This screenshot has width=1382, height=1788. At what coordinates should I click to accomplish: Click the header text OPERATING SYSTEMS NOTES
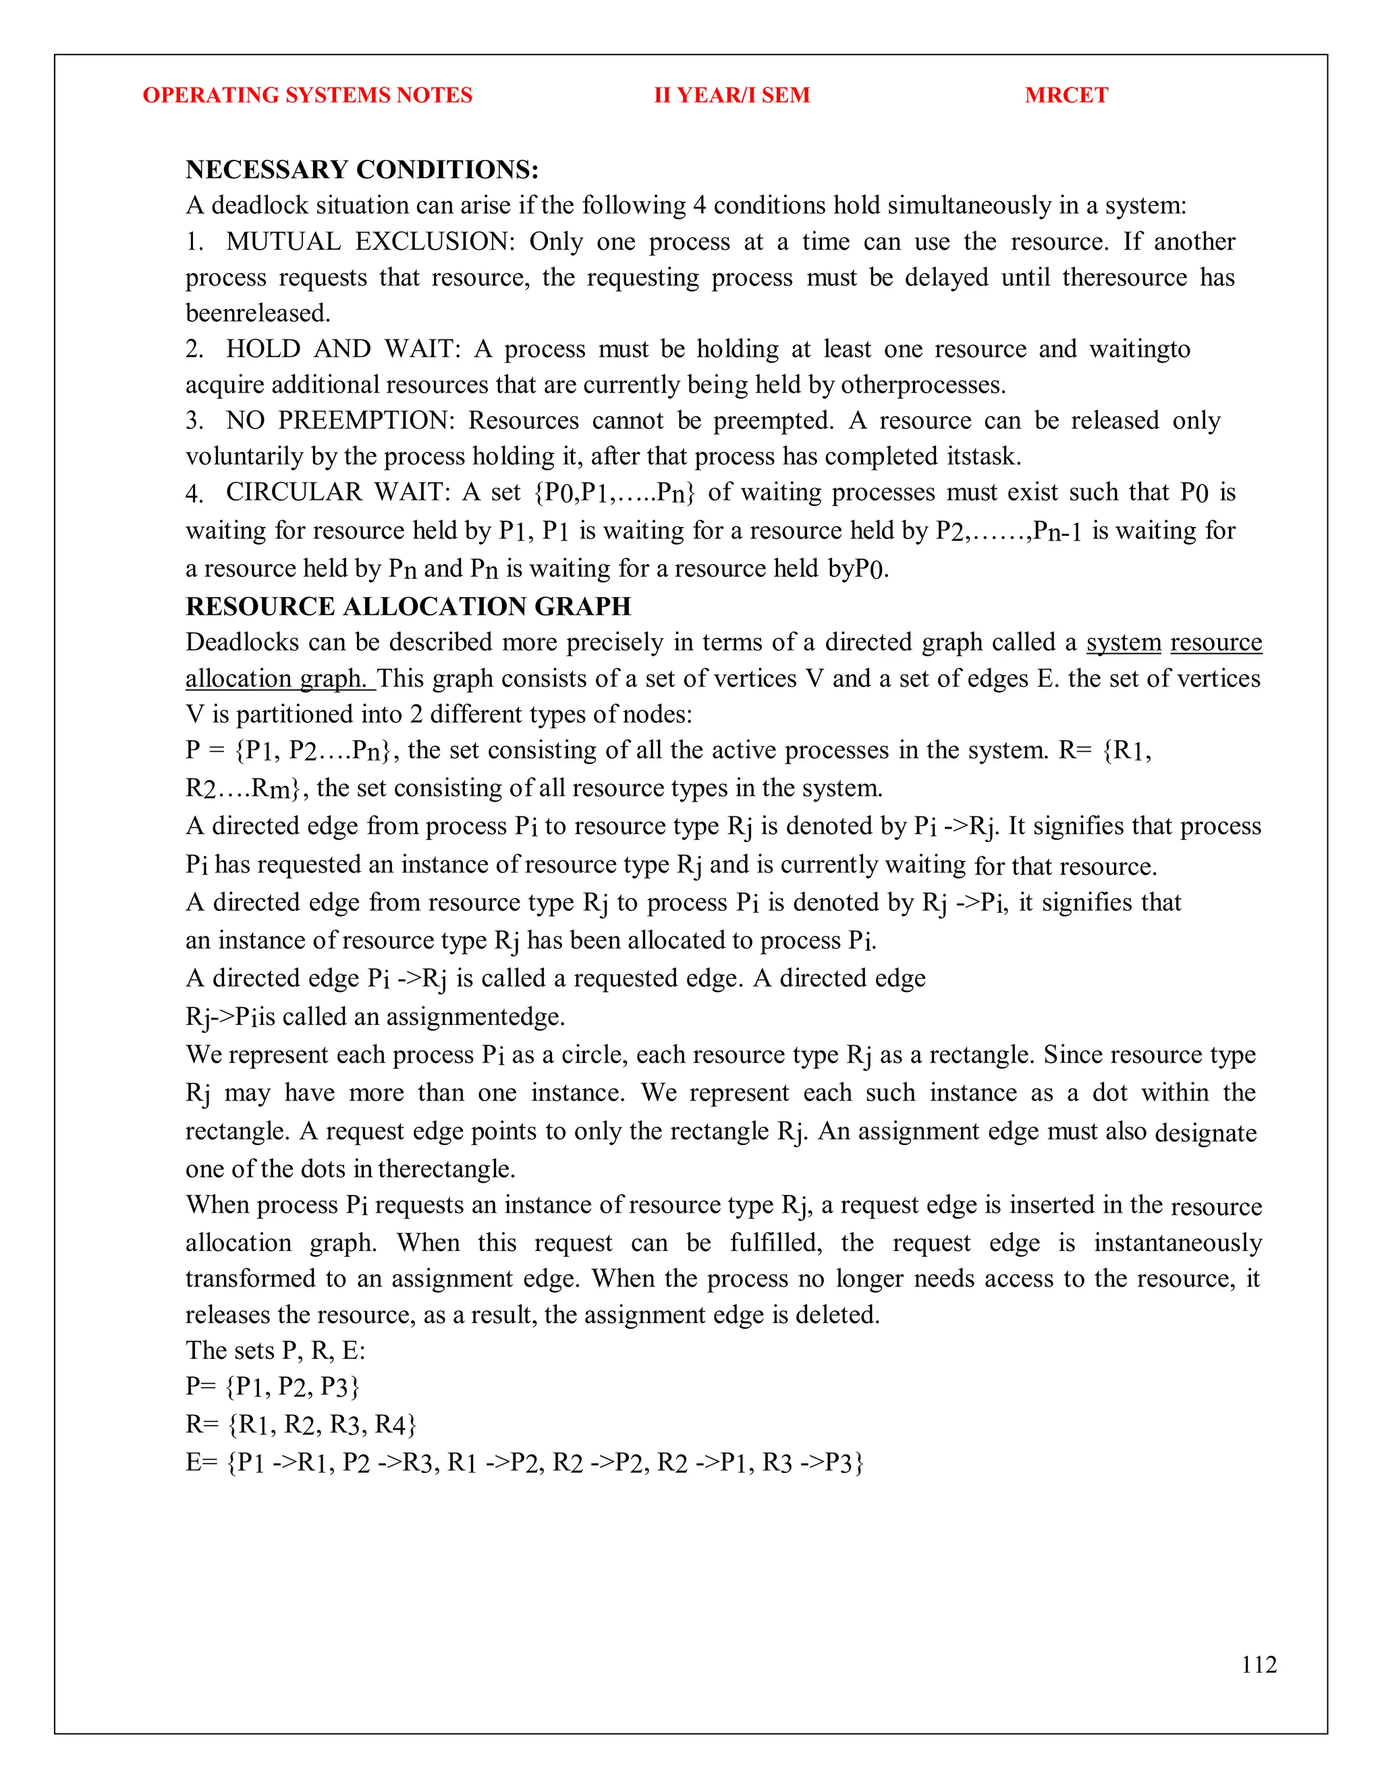coord(307,95)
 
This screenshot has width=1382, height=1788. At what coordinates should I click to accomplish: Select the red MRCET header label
coord(1066,95)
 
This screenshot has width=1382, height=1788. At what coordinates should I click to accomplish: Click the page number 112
coord(1259,1665)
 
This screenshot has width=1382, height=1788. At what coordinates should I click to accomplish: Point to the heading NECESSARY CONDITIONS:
coord(362,169)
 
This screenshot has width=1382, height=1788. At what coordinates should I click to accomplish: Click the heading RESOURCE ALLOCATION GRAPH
coord(408,607)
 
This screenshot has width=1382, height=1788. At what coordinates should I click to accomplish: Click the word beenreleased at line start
coord(257,313)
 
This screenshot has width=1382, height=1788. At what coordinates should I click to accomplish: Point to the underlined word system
coord(1124,642)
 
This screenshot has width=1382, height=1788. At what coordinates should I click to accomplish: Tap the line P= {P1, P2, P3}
coord(272,1386)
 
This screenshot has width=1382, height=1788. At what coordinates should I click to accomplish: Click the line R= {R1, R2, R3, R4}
coord(300,1424)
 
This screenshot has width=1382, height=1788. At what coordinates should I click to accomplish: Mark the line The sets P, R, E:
coord(275,1350)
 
